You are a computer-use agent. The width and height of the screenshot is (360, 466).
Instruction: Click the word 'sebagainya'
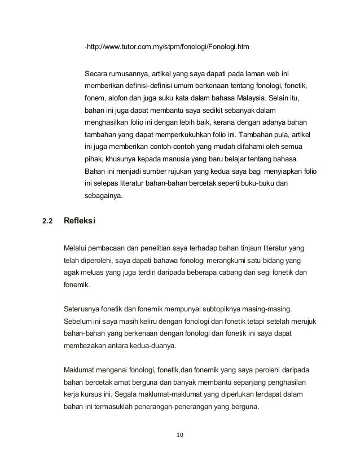click(x=106, y=197)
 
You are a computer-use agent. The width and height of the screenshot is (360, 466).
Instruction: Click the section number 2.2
click(x=47, y=221)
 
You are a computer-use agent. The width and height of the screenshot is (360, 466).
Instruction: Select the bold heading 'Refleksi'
click(x=79, y=221)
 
